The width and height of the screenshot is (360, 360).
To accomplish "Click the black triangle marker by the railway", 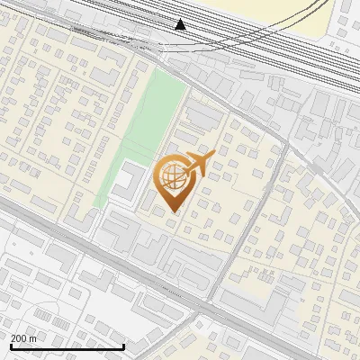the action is [x=181, y=24].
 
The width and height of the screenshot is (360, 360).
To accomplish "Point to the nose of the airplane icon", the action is [x=212, y=158].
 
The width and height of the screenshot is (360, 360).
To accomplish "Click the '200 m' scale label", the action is [x=23, y=338].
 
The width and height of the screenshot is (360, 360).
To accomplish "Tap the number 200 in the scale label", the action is [x=19, y=338].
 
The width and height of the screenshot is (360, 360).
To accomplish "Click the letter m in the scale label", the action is [x=33, y=338].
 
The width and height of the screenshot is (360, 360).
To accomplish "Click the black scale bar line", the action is [x=67, y=346].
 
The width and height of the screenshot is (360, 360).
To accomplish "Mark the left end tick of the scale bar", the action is [x=11, y=345].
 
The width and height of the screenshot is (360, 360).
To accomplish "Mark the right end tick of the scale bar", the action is [x=123, y=345].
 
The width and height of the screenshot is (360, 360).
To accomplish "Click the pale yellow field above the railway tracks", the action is [x=270, y=11].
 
